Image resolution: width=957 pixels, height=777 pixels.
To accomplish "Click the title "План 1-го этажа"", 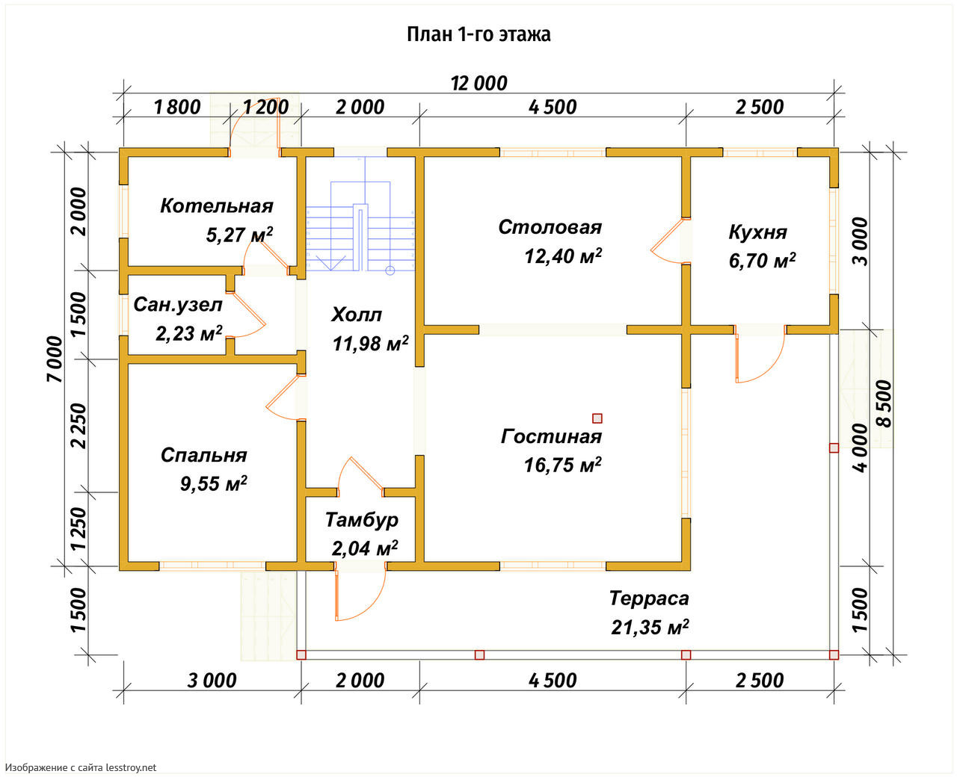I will (x=478, y=34).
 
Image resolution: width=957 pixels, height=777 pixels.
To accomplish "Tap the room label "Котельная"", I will (x=217, y=206).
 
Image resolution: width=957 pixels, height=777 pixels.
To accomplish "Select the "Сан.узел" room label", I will (x=178, y=305).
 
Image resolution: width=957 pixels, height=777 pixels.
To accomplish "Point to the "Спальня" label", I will (x=203, y=455).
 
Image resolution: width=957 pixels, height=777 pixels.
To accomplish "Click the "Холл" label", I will (x=357, y=315).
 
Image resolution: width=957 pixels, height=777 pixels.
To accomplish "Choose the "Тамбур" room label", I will (x=362, y=520).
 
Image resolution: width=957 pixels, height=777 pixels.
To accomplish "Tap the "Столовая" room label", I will (x=550, y=227).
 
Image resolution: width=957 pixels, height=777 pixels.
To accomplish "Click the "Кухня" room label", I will (x=757, y=232).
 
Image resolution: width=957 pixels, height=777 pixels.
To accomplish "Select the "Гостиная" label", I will (x=551, y=436).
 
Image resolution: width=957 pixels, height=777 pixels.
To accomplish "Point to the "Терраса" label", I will (x=649, y=598).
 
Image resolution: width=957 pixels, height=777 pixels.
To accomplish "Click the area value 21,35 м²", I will (x=650, y=628).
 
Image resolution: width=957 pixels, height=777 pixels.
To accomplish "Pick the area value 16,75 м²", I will (x=562, y=465).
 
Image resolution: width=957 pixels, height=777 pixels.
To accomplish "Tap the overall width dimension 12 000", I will (x=478, y=83).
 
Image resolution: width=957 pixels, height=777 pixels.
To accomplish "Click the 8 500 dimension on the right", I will (x=884, y=403).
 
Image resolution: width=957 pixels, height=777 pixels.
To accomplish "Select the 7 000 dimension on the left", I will (x=55, y=359).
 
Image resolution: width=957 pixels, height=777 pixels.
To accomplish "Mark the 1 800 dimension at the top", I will (x=177, y=107).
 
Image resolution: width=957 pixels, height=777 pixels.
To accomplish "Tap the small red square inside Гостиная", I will (x=597, y=418).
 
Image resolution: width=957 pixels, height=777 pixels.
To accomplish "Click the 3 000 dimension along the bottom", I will (x=212, y=681).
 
